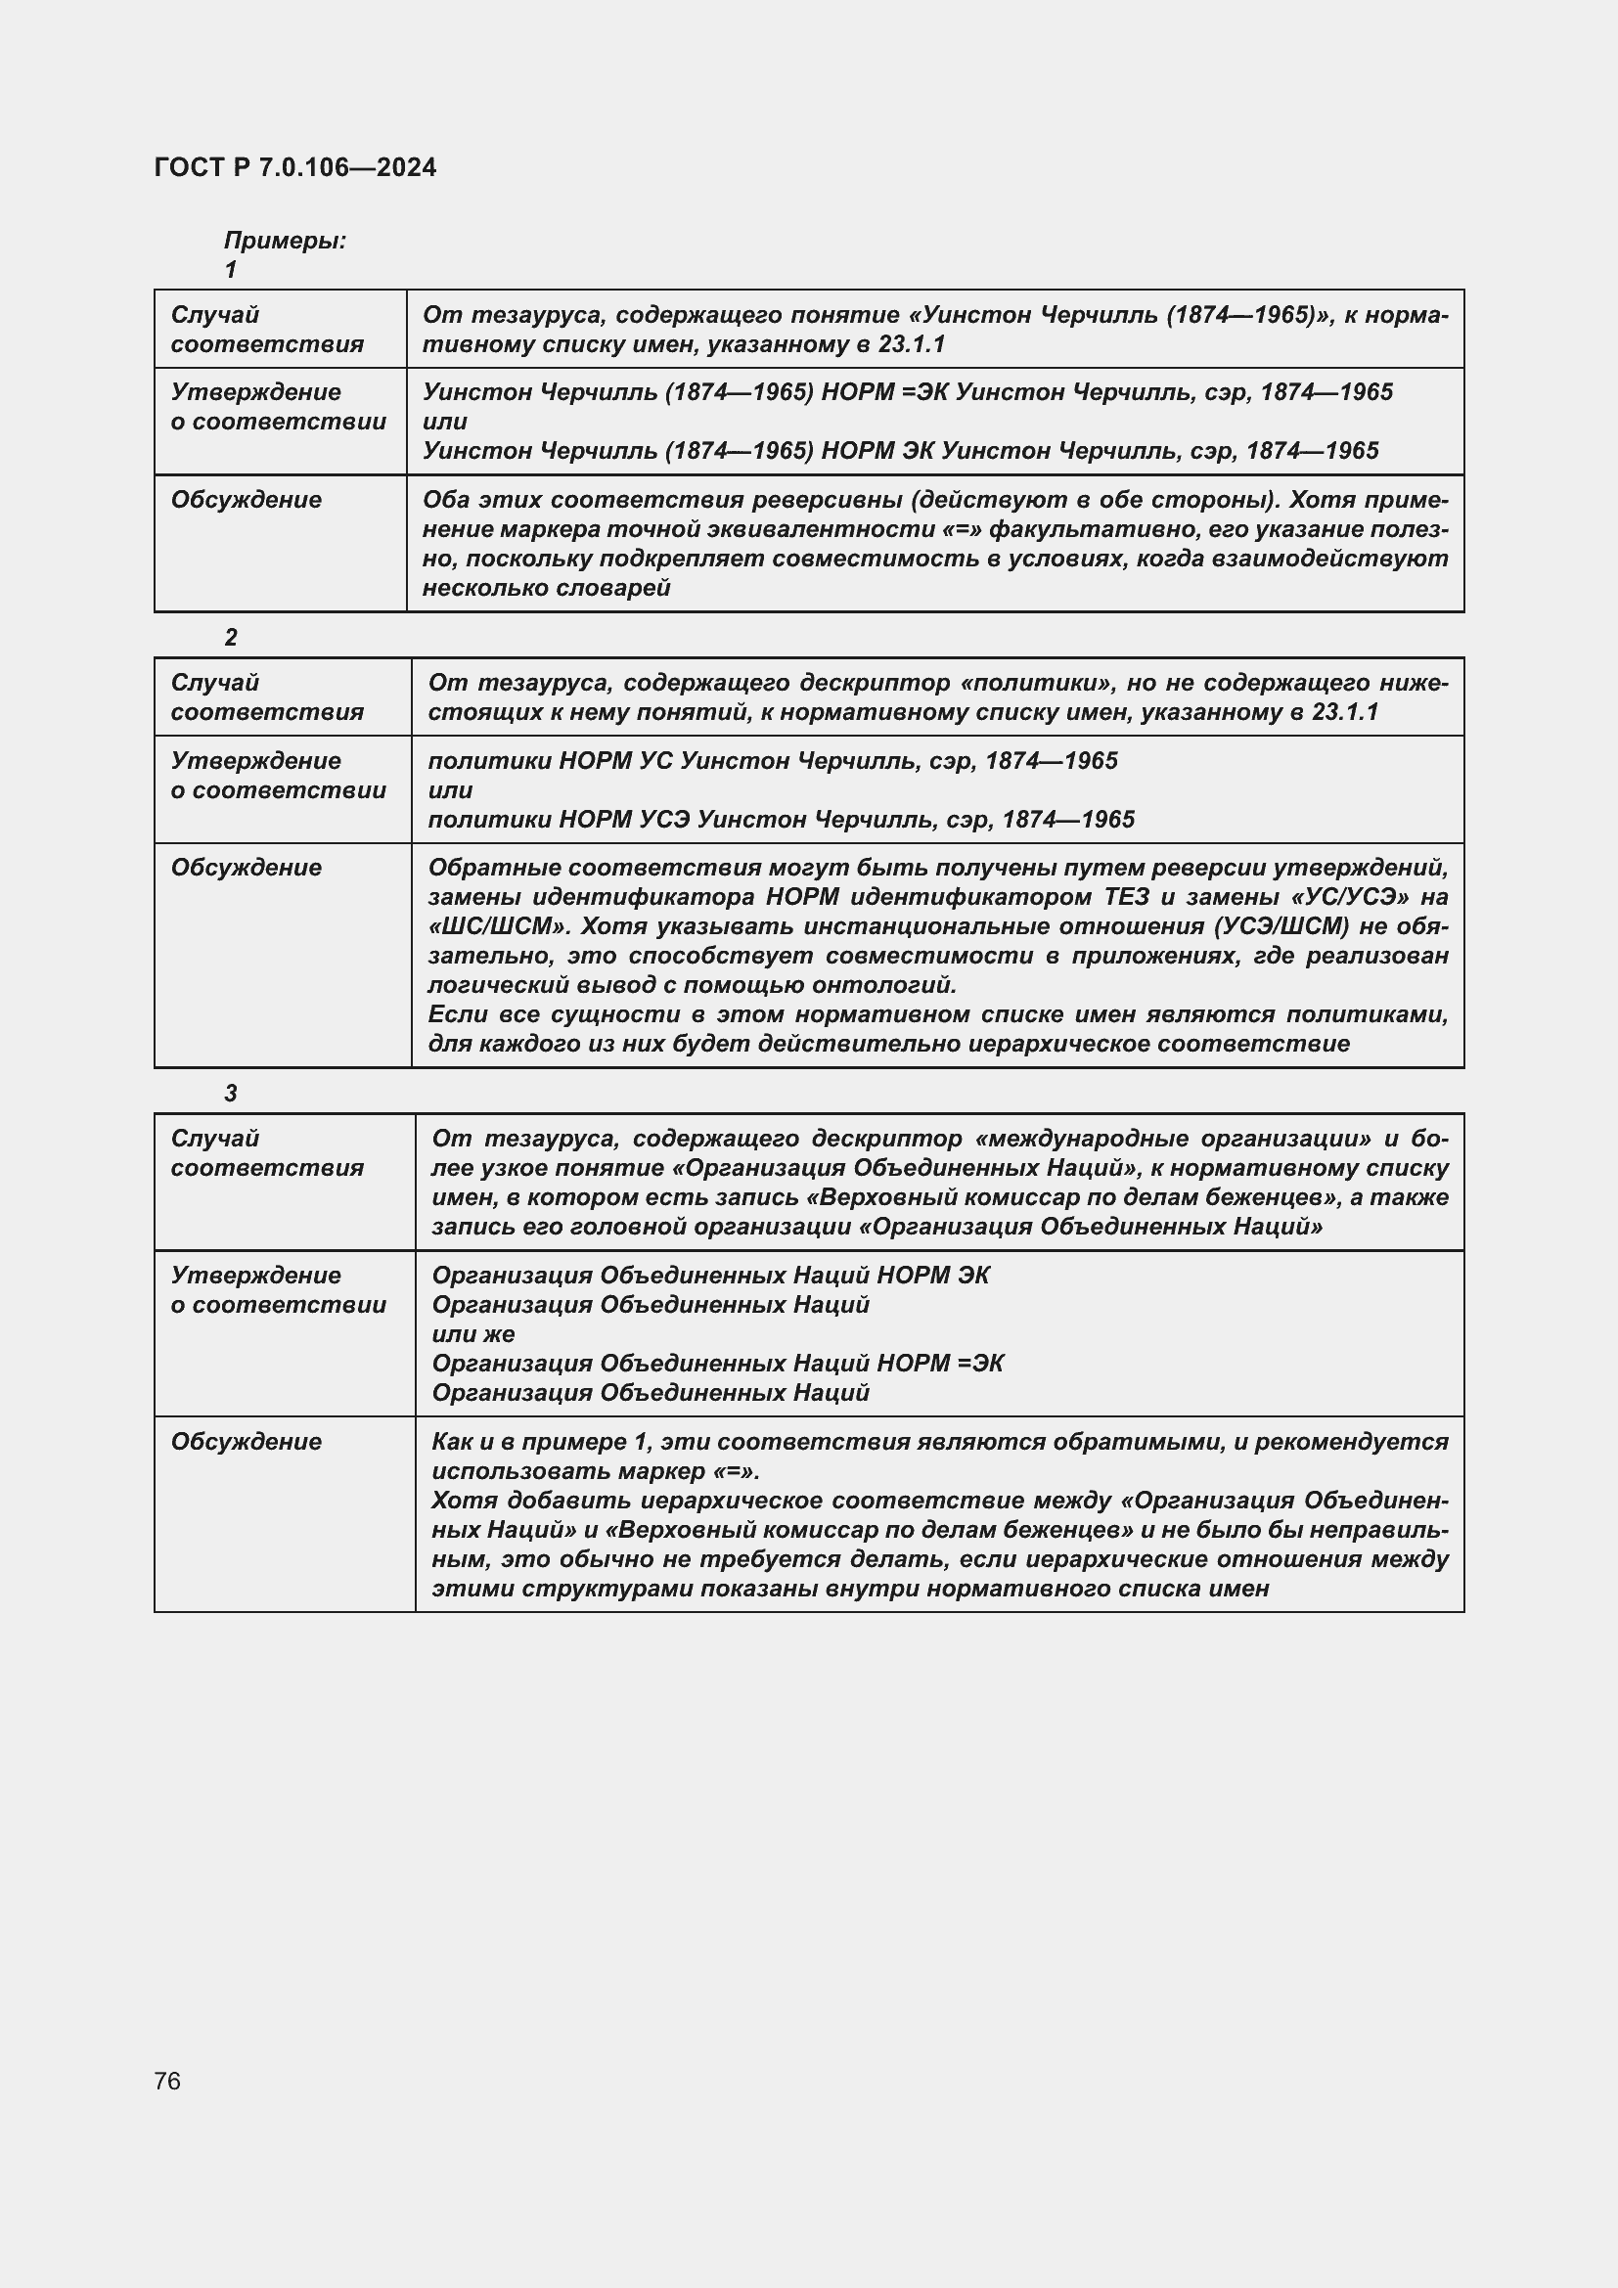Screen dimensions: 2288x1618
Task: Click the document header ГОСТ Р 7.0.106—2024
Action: coord(294,167)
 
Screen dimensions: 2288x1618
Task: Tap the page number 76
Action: coord(167,2081)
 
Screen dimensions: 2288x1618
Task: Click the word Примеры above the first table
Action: coord(284,241)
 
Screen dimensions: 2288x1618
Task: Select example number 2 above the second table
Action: coord(231,638)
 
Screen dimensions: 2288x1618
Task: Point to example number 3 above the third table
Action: coord(231,1094)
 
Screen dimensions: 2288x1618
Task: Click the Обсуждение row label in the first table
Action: coord(247,499)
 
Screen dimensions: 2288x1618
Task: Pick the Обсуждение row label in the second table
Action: coord(247,867)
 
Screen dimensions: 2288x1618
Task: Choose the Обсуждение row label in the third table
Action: coord(247,1441)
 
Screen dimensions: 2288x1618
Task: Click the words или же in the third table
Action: coord(473,1333)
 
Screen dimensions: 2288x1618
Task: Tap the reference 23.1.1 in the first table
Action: coord(912,343)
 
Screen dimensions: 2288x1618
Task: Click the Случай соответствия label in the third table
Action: coord(266,1153)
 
